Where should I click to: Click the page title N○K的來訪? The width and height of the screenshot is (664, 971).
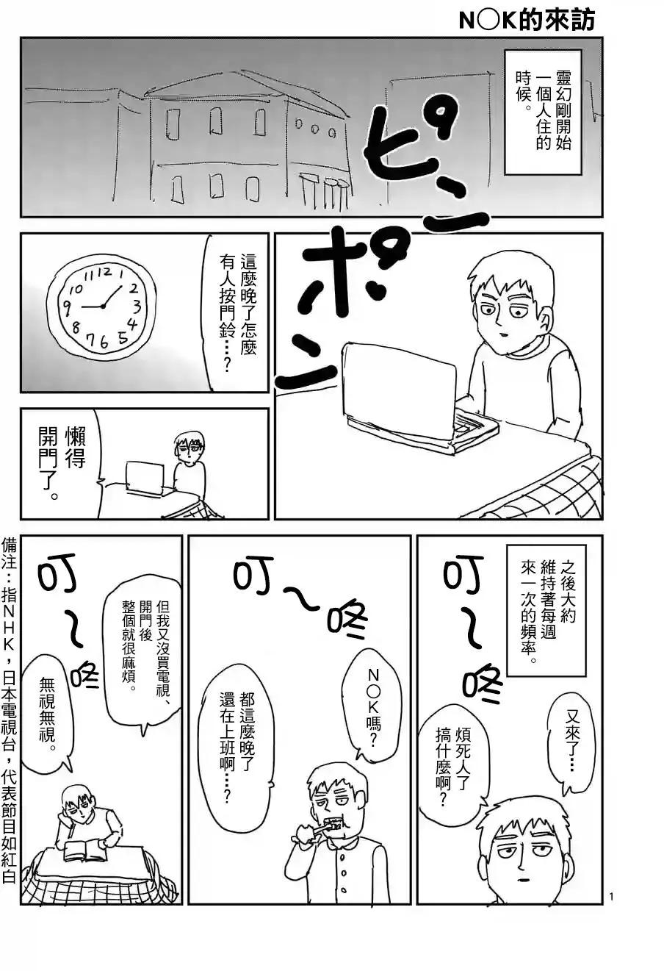pyautogui.click(x=526, y=21)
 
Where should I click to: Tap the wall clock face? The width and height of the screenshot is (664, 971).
pyautogui.click(x=101, y=305)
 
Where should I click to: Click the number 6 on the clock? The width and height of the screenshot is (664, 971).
pyautogui.click(x=104, y=343)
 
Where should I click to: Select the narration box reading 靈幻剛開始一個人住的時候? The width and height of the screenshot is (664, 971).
pyautogui.click(x=543, y=112)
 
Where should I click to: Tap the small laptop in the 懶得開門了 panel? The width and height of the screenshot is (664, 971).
pyautogui.click(x=145, y=478)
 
